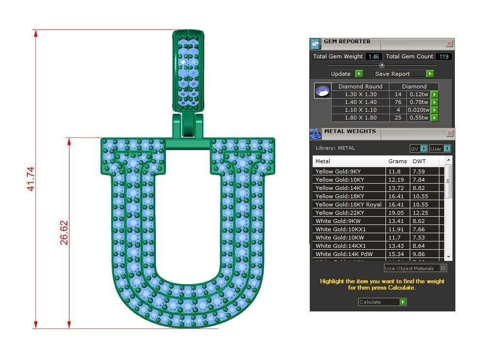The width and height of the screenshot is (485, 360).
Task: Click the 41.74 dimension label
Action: (x=30, y=179)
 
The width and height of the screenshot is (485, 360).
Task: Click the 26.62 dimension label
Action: (x=64, y=233)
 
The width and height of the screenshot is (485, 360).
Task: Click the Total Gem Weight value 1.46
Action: (x=373, y=57)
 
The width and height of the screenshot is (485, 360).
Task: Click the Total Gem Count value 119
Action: (x=443, y=57)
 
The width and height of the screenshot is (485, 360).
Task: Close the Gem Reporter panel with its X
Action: (x=449, y=44)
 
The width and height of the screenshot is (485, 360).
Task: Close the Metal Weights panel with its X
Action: (x=449, y=133)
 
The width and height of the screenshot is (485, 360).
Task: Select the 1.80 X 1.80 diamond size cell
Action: (x=360, y=118)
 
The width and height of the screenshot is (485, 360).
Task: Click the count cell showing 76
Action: (x=398, y=103)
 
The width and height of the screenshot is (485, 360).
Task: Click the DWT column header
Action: (x=418, y=161)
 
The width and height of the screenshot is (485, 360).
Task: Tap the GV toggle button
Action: (x=418, y=149)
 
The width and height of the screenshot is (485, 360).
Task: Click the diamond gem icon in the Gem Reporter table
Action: (x=322, y=91)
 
